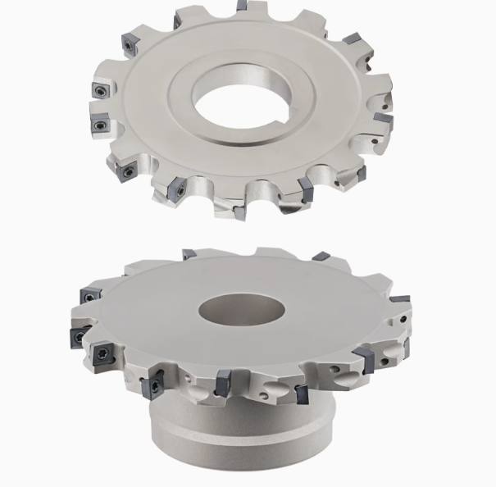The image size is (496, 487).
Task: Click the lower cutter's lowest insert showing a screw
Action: point(152,388)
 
